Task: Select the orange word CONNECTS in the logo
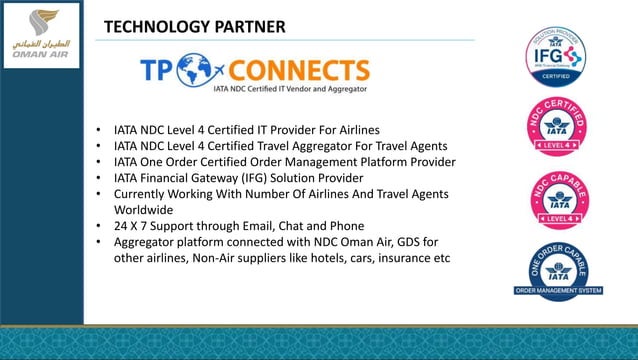299,70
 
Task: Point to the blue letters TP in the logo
157,70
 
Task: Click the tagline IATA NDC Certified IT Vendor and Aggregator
289,90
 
